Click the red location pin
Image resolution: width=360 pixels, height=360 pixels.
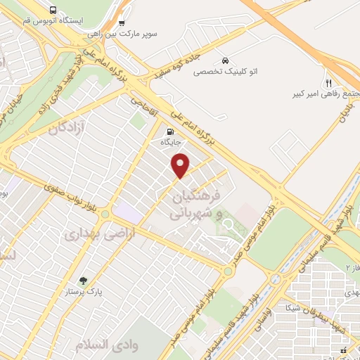point(181,165)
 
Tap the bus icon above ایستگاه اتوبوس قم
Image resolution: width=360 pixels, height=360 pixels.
point(54,10)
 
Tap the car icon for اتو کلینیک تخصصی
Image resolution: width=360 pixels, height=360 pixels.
point(224,60)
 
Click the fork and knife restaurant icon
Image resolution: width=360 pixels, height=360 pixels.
point(328,82)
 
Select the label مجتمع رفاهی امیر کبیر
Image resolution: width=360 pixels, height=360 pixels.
point(320,94)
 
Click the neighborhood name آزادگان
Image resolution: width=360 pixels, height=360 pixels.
point(68,129)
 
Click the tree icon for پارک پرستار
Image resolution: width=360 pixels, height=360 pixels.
point(83,280)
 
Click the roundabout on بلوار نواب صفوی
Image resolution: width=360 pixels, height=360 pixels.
point(105,213)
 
